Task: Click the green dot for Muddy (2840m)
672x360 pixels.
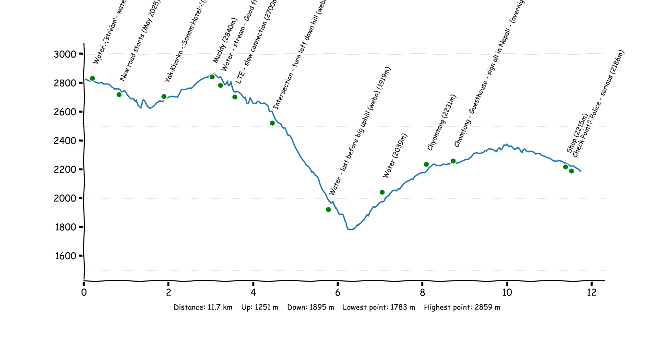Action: point(212,77)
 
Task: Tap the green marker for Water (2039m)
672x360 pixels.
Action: point(382,192)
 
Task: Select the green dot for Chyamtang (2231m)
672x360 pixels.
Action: point(426,164)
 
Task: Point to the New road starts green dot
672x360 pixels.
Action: point(119,95)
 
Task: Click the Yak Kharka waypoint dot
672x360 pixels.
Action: point(164,96)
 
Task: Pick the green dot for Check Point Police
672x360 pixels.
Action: point(571,171)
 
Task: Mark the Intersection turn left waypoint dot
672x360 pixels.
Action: point(272,123)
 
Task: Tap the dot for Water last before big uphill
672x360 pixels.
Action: point(328,209)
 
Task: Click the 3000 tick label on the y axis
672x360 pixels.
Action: point(65,54)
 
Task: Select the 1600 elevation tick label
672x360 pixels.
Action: point(65,256)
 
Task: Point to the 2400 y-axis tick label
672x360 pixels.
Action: point(65,141)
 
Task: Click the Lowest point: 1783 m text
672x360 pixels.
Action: point(379,307)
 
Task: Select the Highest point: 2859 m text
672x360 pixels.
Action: point(462,307)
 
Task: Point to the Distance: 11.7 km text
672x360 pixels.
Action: point(203,307)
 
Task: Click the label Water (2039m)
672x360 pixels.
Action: point(395,156)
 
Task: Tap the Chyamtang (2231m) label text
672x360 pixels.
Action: point(442,123)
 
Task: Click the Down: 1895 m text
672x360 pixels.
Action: point(311,307)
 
